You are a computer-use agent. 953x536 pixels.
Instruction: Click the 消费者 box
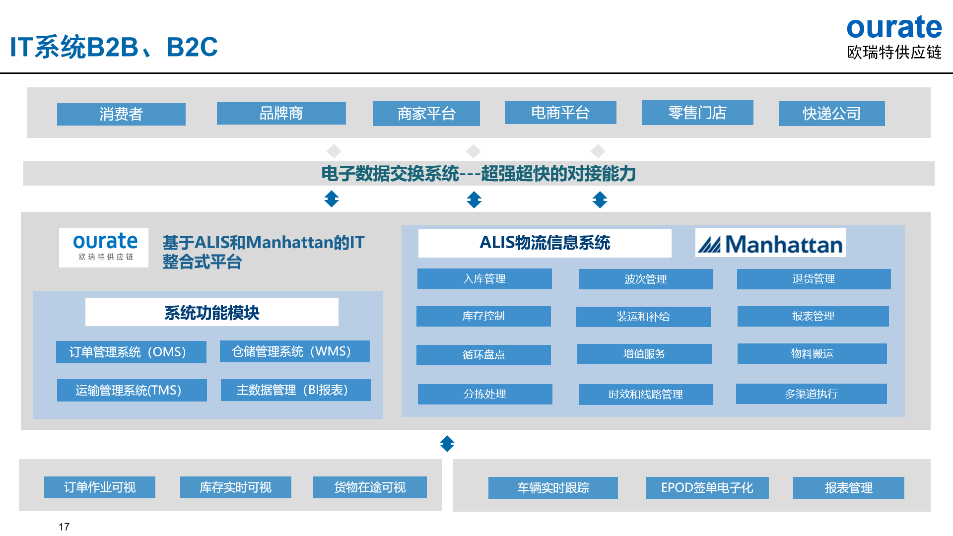click(121, 114)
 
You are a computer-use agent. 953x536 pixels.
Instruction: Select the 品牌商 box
click(281, 113)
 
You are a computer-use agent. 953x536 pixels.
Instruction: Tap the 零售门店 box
click(697, 113)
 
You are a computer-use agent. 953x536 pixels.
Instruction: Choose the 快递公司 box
click(832, 114)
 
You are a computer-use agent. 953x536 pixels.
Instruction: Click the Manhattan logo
click(770, 243)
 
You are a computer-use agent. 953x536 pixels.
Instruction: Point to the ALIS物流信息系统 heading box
click(545, 243)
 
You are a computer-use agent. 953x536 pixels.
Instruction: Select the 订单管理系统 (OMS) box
click(131, 352)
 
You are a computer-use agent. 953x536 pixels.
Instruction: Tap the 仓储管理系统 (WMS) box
click(295, 351)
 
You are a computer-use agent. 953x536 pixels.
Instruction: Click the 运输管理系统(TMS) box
click(132, 390)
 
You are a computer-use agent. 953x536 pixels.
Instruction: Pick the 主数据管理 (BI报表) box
click(296, 390)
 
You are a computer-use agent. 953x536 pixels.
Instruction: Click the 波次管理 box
click(646, 279)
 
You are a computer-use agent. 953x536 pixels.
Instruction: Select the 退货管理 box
click(814, 279)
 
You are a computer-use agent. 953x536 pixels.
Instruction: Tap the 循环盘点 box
click(483, 355)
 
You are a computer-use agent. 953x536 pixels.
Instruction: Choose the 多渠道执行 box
click(812, 394)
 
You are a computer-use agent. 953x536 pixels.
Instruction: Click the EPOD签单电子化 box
click(707, 488)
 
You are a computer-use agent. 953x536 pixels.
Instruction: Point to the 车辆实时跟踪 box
click(553, 488)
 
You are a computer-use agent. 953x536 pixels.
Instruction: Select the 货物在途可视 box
click(370, 487)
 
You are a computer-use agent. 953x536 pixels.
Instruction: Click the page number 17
click(64, 527)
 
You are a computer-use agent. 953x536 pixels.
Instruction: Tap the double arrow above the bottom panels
click(447, 444)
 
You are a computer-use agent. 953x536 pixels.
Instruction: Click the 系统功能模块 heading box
click(212, 312)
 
